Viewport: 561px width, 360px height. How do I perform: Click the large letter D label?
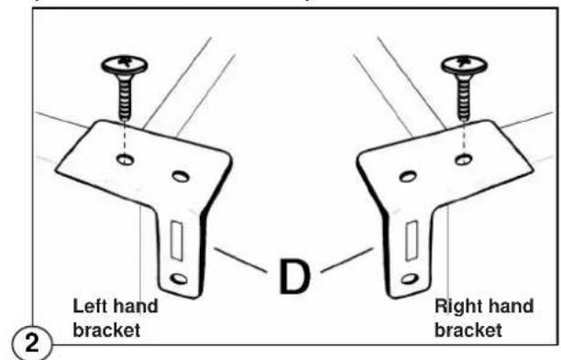294,277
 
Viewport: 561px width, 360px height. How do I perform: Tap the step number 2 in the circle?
32,344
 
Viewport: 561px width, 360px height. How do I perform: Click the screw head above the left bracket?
125,65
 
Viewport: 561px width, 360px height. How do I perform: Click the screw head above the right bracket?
464,65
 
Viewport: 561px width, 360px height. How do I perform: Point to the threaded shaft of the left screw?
125,97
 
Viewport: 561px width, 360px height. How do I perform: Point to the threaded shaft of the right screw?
464,97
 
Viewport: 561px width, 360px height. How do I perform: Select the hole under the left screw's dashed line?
126,159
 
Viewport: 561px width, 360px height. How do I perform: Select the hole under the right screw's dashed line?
463,159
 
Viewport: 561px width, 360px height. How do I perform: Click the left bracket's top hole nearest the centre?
181,176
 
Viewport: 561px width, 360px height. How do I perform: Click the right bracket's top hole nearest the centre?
408,176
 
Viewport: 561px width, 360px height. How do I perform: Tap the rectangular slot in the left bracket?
176,240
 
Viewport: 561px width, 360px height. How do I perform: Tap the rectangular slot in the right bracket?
412,240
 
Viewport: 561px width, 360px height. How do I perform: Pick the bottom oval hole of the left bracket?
179,278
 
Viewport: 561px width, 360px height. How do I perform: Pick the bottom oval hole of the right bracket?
410,278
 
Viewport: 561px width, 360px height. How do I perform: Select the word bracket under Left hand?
106,330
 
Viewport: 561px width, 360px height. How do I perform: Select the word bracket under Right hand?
468,330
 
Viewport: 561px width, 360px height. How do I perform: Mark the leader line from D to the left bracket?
240,260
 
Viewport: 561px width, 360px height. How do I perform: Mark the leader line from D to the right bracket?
347,260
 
